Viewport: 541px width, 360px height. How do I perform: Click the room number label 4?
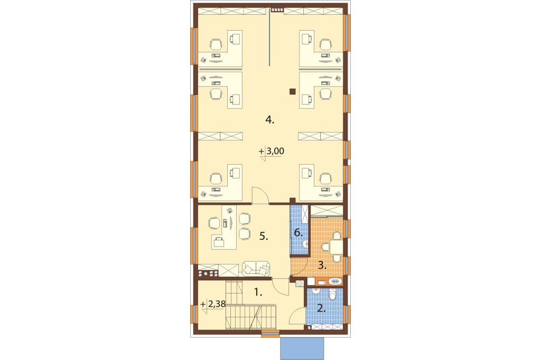coord(270,120)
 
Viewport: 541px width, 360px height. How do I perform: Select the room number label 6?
coord(299,233)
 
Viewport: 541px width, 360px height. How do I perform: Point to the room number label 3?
coord(322,266)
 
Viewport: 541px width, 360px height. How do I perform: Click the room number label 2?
coord(321,308)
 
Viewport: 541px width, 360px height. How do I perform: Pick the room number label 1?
coord(258,292)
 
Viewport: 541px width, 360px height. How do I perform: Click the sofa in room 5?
coord(256,269)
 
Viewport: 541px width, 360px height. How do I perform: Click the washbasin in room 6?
coord(305,245)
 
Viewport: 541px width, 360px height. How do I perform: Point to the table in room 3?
coord(336,247)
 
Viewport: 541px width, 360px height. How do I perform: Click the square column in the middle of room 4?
coord(292,91)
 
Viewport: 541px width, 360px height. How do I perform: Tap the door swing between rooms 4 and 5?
coord(260,195)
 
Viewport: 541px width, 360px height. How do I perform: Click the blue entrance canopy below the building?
coord(302,348)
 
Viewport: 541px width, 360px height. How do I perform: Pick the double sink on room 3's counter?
coord(334,281)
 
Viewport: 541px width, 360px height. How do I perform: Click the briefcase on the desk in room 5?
coord(219,242)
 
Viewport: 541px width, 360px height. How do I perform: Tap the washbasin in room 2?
coord(316,292)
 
